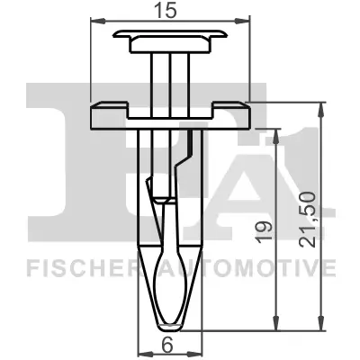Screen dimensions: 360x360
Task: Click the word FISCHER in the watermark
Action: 76,267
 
